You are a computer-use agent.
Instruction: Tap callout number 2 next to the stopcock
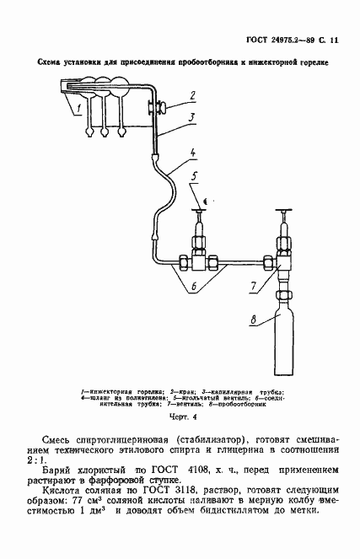click(192, 95)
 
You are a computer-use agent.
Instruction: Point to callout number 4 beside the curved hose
click(193, 153)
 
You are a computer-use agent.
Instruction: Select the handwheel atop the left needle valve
click(201, 210)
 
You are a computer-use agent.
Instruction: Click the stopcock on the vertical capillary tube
click(158, 106)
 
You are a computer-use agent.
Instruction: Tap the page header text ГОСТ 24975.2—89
click(285, 40)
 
